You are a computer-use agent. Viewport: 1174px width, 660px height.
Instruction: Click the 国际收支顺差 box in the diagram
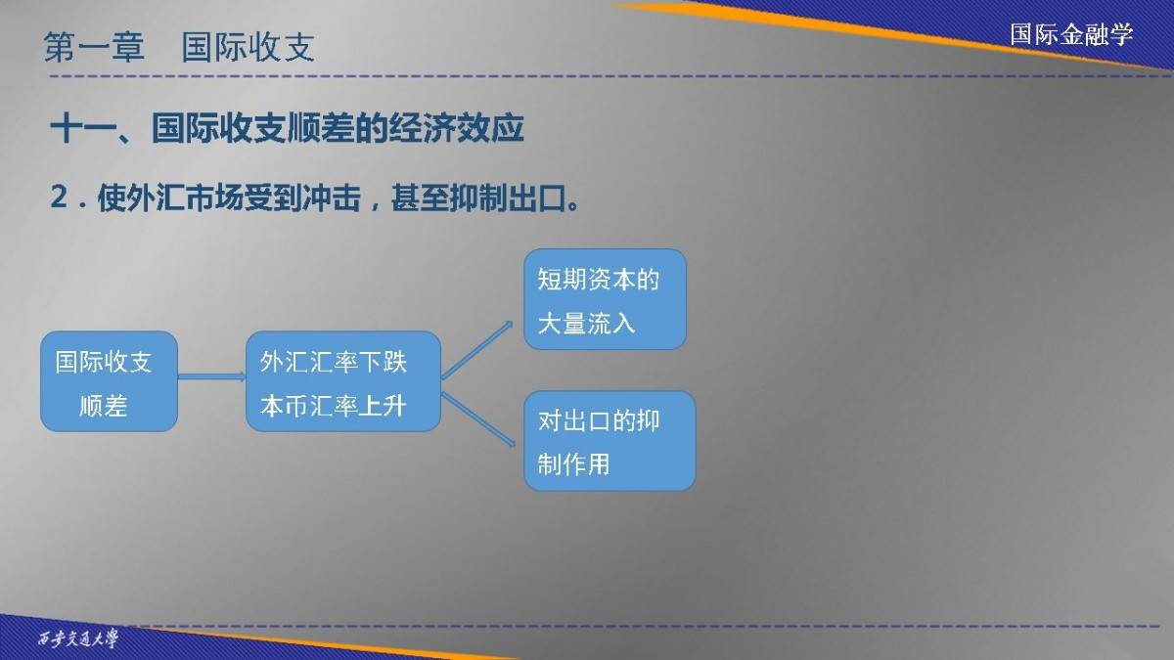click(x=109, y=381)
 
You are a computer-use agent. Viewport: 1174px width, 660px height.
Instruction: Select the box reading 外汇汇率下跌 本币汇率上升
click(x=343, y=381)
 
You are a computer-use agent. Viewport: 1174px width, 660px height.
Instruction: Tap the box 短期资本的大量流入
click(x=605, y=299)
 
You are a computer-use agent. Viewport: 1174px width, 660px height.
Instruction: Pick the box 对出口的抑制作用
click(x=610, y=441)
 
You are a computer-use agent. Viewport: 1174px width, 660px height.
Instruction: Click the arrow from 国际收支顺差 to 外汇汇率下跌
click(x=211, y=376)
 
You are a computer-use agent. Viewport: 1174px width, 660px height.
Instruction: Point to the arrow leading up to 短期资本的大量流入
click(x=477, y=349)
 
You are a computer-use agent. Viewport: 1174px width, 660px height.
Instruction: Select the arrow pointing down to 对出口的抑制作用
click(x=478, y=419)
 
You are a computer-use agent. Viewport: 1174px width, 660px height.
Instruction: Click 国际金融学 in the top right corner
click(x=1071, y=34)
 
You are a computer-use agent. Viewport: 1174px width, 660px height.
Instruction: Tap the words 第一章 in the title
click(x=94, y=47)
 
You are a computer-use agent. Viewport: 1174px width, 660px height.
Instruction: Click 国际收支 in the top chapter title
click(x=248, y=47)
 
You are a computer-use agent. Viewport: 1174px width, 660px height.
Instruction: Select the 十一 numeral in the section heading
click(x=83, y=128)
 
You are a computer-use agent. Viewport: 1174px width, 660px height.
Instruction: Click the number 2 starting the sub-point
click(x=58, y=198)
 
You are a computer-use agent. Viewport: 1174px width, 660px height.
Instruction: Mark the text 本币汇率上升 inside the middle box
click(x=334, y=407)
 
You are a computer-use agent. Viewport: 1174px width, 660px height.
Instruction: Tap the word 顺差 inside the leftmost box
click(x=104, y=406)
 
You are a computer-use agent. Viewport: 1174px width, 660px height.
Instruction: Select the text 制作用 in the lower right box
click(x=574, y=464)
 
